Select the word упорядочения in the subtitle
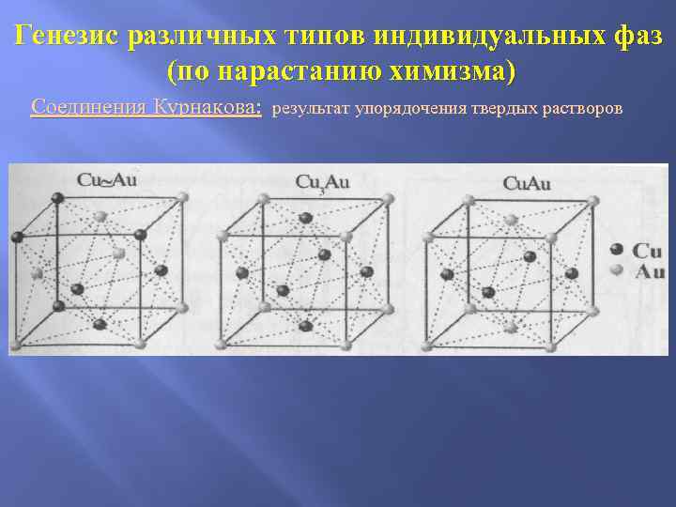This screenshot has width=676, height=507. [412, 109]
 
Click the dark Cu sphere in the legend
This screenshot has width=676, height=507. [617, 250]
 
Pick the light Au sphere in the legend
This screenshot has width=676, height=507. [617, 270]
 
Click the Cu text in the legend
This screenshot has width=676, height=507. [647, 251]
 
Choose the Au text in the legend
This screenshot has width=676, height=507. [647, 271]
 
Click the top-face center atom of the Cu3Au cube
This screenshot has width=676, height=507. [305, 218]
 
